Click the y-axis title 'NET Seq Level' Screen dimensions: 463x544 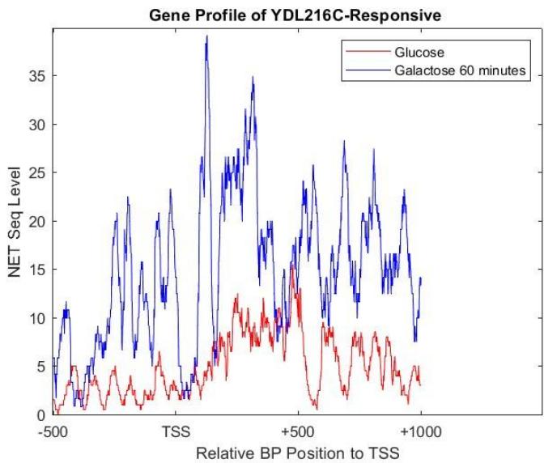click(15, 223)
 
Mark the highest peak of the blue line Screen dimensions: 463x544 click(207, 36)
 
